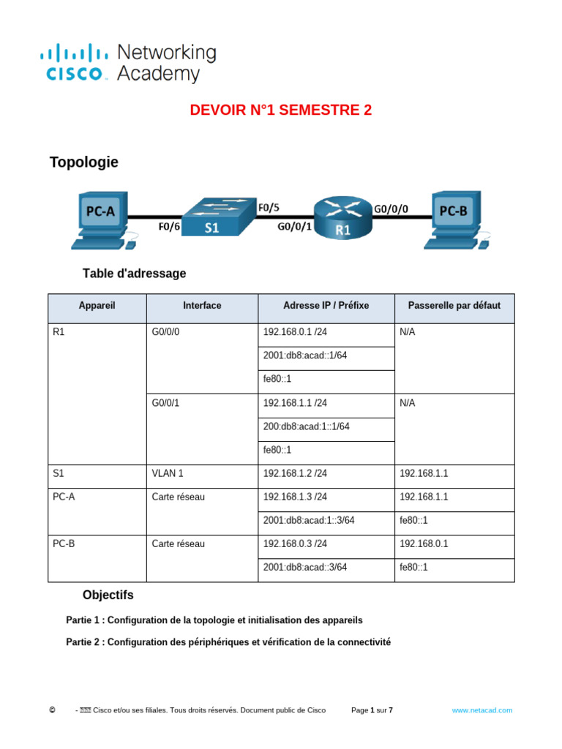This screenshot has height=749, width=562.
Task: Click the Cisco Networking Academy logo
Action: [x=128, y=63]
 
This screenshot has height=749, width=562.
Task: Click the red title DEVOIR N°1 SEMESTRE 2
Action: [x=281, y=110]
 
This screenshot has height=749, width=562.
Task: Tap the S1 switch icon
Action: [x=218, y=217]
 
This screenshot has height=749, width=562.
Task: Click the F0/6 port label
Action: [x=169, y=227]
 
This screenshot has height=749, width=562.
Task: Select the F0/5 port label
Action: [x=269, y=208]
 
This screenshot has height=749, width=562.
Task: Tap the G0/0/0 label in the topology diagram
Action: [x=391, y=208]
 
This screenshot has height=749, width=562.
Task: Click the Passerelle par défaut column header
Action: [x=454, y=306]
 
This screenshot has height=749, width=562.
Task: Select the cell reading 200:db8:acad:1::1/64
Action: [x=307, y=426]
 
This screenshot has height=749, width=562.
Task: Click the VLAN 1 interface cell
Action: [x=166, y=473]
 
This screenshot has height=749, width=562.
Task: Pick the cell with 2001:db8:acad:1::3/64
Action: [x=308, y=521]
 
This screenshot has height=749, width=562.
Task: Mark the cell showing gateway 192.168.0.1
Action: [x=424, y=544]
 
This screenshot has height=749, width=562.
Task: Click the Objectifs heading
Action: [x=108, y=595]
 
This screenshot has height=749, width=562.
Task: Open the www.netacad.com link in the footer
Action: [x=482, y=710]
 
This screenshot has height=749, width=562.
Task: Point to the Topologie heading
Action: [x=83, y=162]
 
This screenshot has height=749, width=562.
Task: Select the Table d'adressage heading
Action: [x=135, y=274]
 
